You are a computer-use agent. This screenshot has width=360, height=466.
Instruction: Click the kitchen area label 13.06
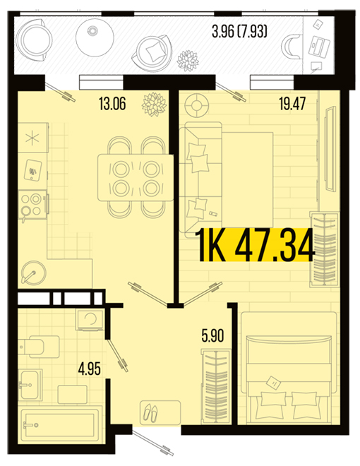point(112,104)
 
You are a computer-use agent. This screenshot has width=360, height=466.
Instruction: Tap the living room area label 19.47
point(292,104)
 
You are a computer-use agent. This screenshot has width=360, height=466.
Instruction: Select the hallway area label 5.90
point(212,335)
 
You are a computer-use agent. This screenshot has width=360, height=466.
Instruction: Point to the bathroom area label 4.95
point(90,369)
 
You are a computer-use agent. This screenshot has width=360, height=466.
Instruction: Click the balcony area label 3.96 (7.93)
point(239,31)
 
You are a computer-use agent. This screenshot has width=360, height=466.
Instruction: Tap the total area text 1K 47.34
point(255,245)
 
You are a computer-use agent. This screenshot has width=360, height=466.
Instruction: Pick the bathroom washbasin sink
point(30,385)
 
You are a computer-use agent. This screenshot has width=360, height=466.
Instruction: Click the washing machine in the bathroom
point(90,319)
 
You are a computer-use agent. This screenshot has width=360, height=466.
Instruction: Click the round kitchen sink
point(34,272)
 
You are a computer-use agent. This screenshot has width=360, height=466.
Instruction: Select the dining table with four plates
point(136,177)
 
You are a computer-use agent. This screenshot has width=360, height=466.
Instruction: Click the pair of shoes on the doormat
point(151,412)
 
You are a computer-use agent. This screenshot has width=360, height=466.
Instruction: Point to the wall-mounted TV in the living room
point(330,149)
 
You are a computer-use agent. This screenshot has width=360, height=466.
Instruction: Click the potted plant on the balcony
point(188,61)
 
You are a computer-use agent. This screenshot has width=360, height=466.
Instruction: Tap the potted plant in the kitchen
point(154,104)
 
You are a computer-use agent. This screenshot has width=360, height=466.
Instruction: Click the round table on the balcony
point(95,37)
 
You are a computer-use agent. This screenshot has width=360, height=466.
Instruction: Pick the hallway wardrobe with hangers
point(215,387)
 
